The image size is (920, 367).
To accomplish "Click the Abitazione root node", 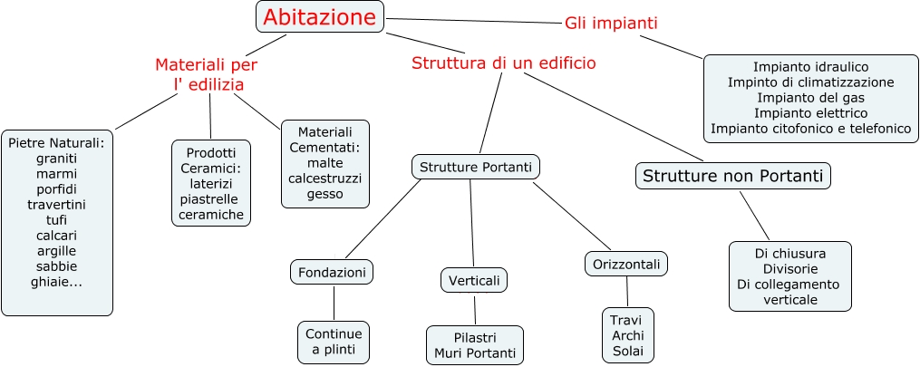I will (320, 17).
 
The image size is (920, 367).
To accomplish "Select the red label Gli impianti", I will (611, 23).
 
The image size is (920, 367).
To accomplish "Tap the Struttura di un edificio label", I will (503, 63).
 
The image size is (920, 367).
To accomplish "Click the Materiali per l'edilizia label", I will (208, 74).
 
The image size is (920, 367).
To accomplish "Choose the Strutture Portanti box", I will (476, 167).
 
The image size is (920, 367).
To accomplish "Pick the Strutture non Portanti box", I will (732, 175).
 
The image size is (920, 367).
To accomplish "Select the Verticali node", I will (474, 280).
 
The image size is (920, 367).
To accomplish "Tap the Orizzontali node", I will (625, 264).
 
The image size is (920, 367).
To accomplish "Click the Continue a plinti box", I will (334, 342).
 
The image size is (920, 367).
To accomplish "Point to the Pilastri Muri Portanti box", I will (474, 344).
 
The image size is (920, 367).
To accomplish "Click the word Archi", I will (627, 335).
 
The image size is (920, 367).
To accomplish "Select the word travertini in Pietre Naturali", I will (56, 204).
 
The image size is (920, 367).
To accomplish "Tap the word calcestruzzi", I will (324, 179).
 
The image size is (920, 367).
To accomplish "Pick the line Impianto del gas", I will (810, 97).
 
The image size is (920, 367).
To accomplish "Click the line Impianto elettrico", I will (810, 112).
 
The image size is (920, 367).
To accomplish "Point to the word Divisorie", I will (790, 268).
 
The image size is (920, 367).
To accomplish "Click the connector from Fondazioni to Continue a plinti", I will (334, 303).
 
